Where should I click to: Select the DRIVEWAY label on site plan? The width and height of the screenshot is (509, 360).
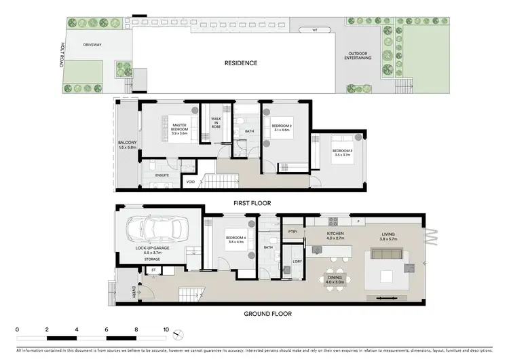[x=92, y=45]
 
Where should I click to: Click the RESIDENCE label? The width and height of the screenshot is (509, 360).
[x=241, y=63]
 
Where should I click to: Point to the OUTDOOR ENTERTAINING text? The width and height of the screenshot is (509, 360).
[x=360, y=56]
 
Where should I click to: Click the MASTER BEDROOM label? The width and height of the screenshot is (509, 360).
[x=179, y=128]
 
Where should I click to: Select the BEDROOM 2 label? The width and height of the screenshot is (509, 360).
[x=282, y=128]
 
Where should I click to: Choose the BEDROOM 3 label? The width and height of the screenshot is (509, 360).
[x=341, y=153]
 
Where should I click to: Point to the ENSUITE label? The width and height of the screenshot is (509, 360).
[x=162, y=175]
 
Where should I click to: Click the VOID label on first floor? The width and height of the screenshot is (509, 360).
[x=191, y=181]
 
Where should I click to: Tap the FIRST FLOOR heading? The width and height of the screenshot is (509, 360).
[x=252, y=202]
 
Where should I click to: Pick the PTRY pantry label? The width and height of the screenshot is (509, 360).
[x=293, y=232]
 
